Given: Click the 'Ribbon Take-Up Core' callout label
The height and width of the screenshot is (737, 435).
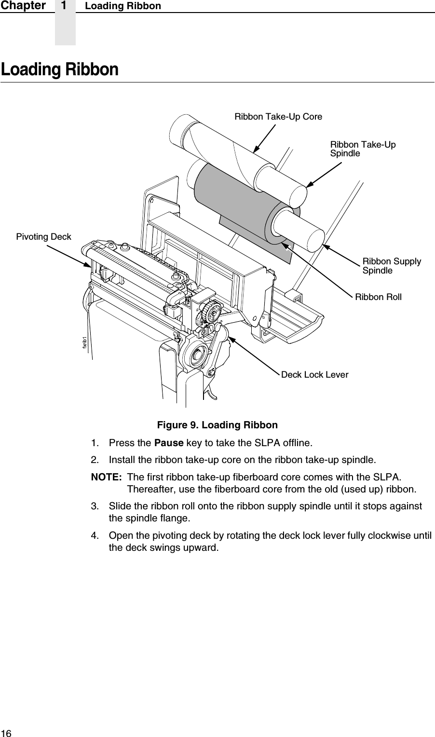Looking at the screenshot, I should pos(278,117).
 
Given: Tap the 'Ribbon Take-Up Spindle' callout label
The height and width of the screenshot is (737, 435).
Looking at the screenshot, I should pos(362,149).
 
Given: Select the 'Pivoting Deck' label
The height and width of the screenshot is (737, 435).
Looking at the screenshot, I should pos(43,237).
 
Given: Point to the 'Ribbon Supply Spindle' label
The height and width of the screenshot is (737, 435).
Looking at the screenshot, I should pos(391,266).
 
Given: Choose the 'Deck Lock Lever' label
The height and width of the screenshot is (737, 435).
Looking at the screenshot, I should pos(314,375).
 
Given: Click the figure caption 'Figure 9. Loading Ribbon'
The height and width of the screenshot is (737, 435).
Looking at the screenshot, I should pos(217,425).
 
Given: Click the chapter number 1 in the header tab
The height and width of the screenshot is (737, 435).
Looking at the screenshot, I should pos(65,6).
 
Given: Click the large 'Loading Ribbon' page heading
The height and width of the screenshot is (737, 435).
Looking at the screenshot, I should pos(59,70).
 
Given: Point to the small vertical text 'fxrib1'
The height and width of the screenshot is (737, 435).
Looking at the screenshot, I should pos(85,343).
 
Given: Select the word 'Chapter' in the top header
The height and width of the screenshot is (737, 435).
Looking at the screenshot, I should pos(23,6).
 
